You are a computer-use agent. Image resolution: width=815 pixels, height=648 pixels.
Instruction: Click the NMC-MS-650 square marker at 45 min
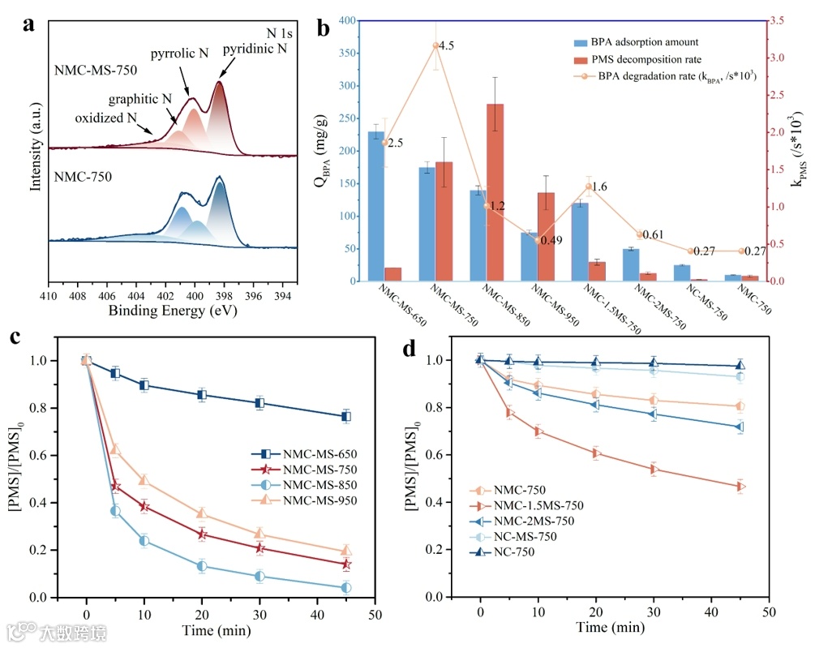pyautogui.click(x=346, y=416)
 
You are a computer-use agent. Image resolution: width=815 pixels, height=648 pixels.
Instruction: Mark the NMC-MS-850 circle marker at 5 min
pyautogui.click(x=115, y=511)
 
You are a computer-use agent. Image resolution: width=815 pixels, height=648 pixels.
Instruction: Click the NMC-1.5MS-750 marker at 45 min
pyautogui.click(x=740, y=487)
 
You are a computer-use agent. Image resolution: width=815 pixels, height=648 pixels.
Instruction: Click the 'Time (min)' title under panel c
pyautogui.click(x=220, y=629)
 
